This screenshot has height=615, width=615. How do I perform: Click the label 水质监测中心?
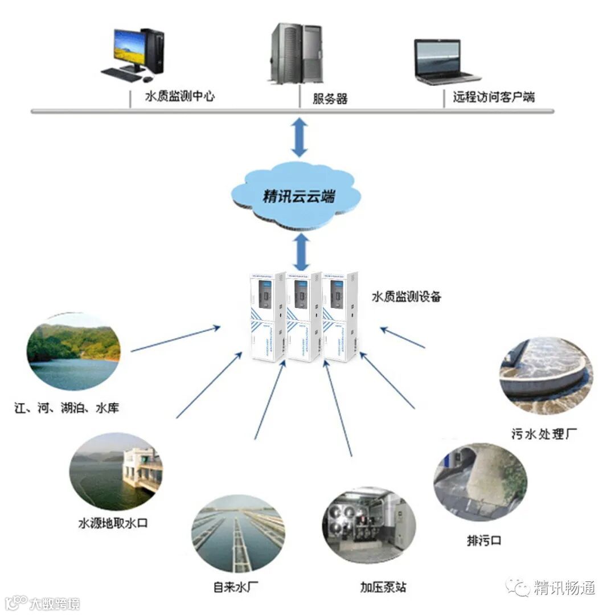(180, 96)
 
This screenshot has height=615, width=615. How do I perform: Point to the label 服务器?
(330, 98)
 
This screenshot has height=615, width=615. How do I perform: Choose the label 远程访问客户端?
(494, 96)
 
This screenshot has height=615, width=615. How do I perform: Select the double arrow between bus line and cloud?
(299, 137)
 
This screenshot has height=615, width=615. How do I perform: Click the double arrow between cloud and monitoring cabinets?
(302, 252)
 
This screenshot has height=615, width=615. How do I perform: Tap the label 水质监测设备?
(406, 296)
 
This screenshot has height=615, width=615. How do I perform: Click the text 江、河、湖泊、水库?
(67, 408)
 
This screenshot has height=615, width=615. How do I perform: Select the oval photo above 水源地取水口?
(116, 473)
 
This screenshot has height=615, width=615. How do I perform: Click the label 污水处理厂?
(544, 433)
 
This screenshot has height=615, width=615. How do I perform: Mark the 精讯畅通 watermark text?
(564, 587)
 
